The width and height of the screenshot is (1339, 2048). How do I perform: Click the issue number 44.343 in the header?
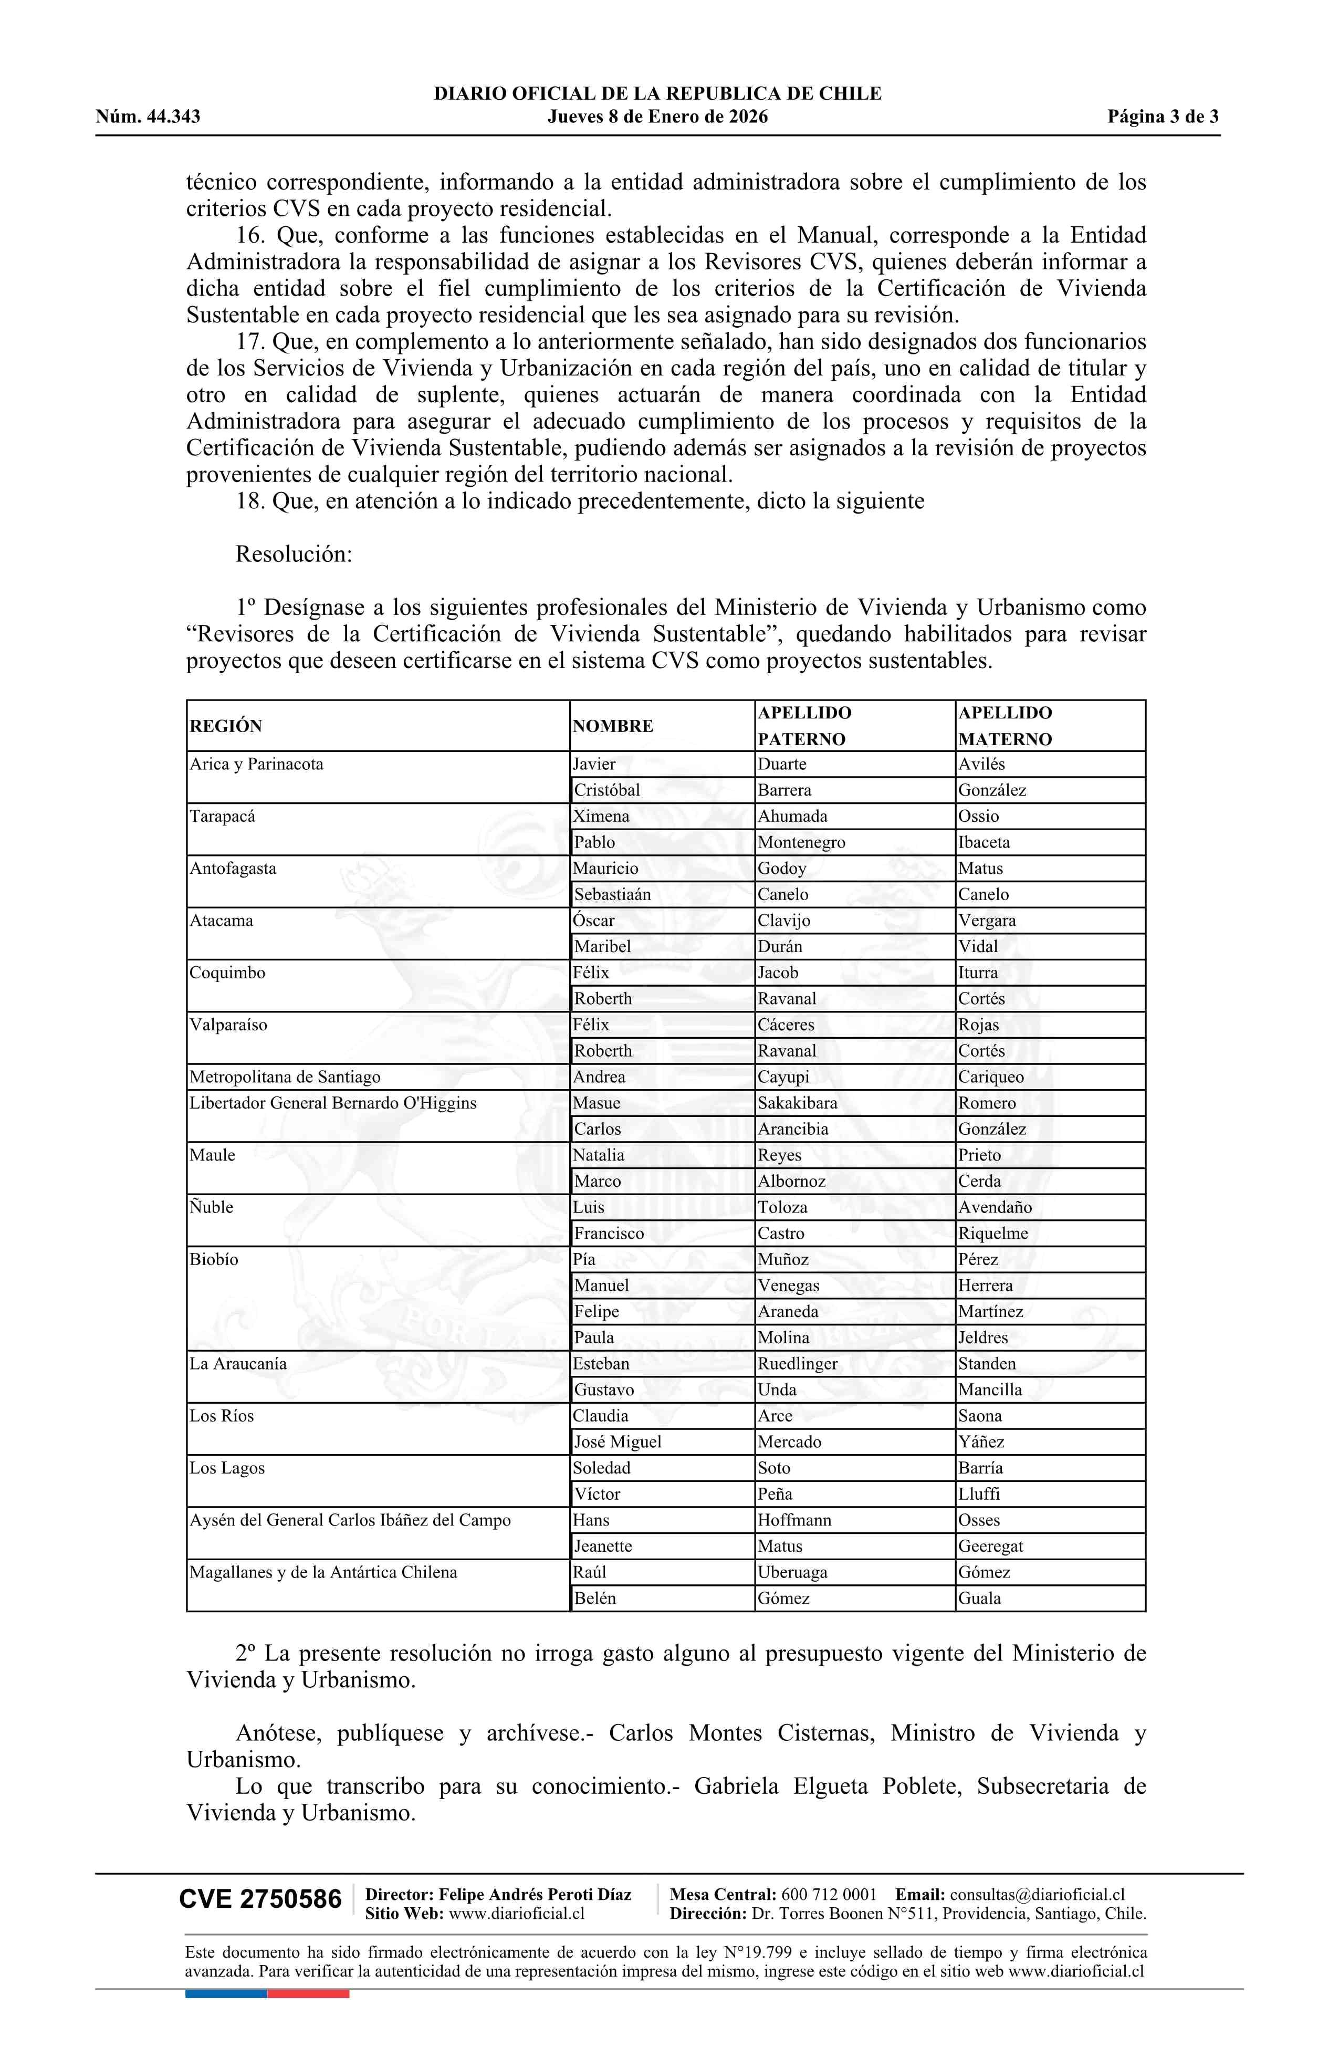(x=173, y=117)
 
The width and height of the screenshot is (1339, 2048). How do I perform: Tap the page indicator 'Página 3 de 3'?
(x=1163, y=117)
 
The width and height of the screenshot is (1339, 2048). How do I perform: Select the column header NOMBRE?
(x=613, y=726)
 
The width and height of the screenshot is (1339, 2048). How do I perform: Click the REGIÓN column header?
(x=225, y=726)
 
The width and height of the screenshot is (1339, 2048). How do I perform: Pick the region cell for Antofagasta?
(x=233, y=868)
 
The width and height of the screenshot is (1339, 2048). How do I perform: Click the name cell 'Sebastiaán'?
(x=613, y=895)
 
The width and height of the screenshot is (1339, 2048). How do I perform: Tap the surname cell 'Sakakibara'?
(x=797, y=1103)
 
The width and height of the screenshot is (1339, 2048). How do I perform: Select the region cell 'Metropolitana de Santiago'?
(x=285, y=1078)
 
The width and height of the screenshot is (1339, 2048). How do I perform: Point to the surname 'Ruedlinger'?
(x=797, y=1364)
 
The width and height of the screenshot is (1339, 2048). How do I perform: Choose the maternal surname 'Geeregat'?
(x=990, y=1547)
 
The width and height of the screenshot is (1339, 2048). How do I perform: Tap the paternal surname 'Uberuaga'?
(x=792, y=1572)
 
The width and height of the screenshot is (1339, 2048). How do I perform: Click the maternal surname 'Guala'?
(x=979, y=1599)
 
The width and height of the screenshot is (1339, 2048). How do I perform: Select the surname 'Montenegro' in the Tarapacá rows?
(x=801, y=842)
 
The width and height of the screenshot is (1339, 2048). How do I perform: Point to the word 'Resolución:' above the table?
(x=294, y=554)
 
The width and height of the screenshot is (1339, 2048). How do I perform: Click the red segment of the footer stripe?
(x=308, y=1994)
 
